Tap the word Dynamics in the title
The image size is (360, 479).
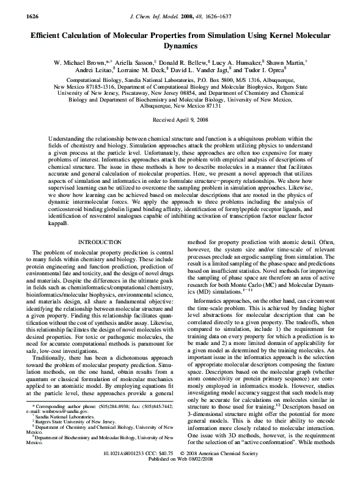pos(180,46)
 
